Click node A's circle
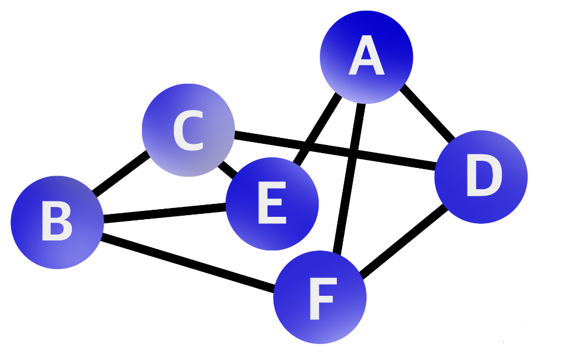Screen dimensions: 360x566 coord(366,57)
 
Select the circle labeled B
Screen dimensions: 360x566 coord(57,222)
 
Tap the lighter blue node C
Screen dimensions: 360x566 coord(188,130)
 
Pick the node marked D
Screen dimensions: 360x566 coord(481,177)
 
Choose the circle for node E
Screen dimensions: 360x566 coord(272,204)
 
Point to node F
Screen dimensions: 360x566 coord(320,297)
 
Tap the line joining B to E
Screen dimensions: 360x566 coord(165,213)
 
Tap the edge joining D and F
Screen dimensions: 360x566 coord(403,242)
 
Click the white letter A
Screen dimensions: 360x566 coord(366,58)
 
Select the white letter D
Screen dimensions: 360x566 coord(483,177)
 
